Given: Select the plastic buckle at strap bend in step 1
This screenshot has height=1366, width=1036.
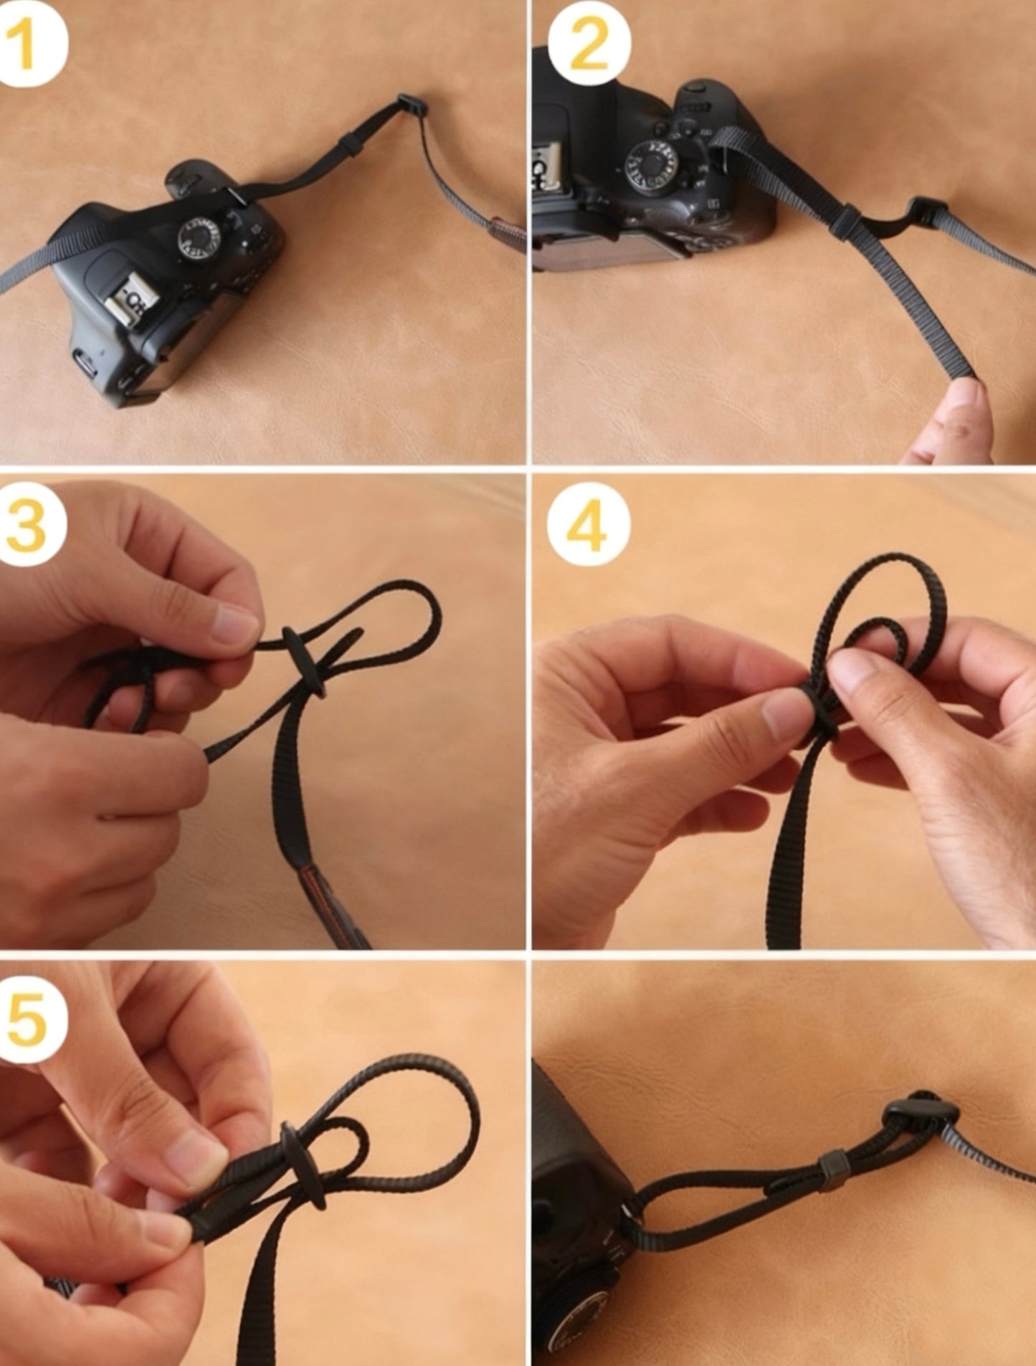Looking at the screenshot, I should pos(412,105).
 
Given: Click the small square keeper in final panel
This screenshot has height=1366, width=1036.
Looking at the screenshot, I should pos(832,1169).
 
